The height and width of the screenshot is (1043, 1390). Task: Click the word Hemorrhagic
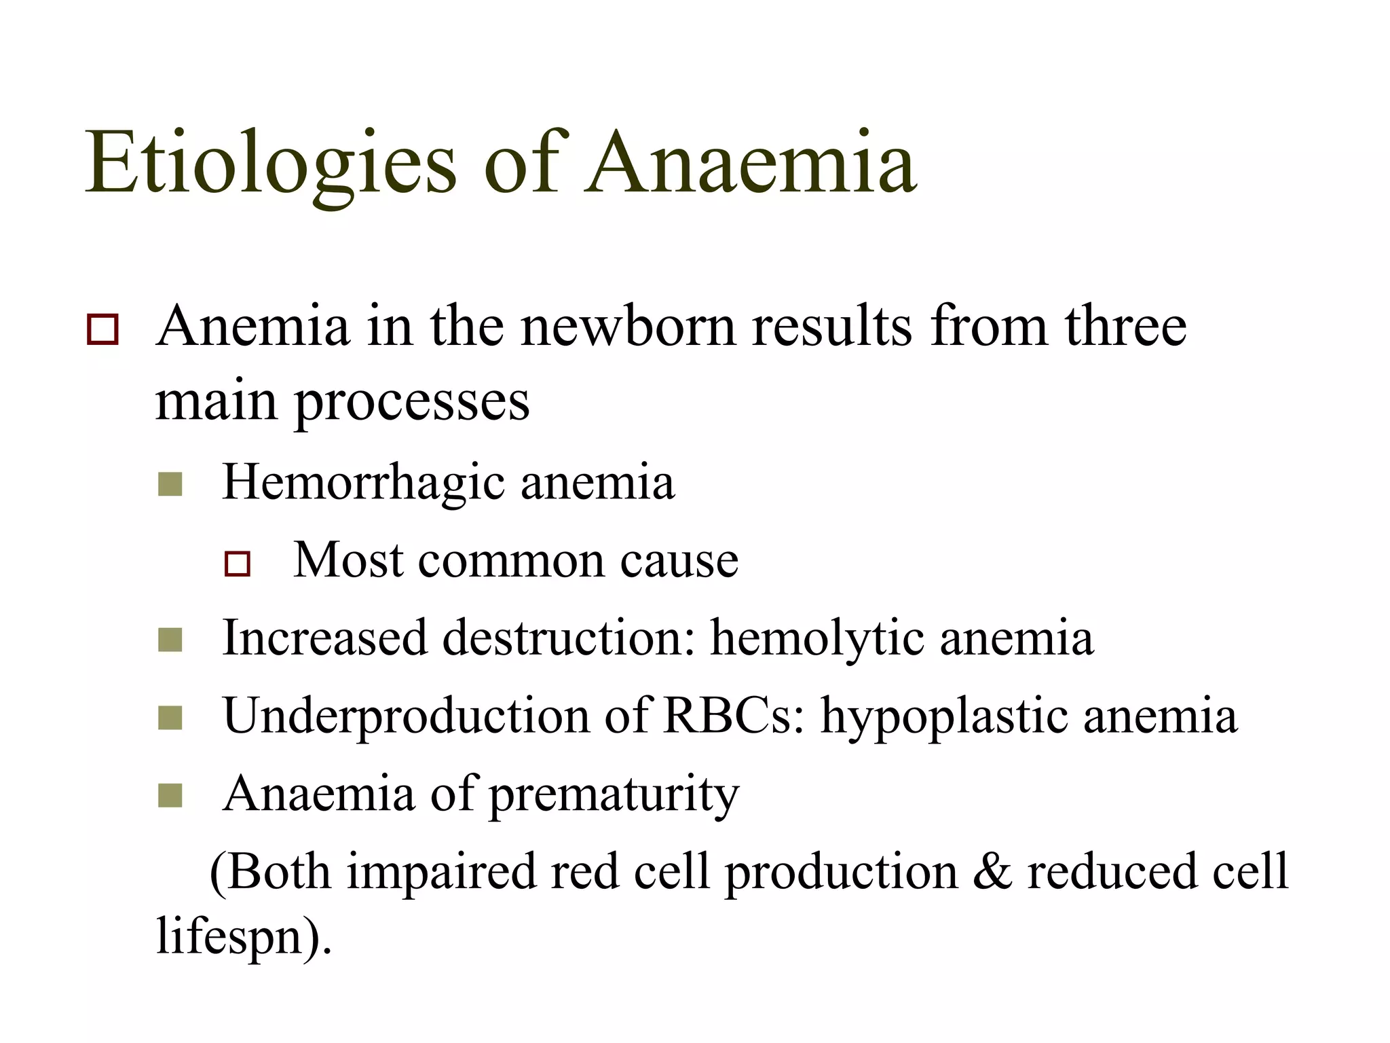click(364, 482)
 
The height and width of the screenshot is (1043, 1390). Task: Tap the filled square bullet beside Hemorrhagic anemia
click(170, 485)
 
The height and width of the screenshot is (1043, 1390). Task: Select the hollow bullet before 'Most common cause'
click(238, 564)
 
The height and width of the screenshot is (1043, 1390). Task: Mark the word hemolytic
click(817, 638)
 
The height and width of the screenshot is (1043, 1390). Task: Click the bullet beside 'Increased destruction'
click(170, 640)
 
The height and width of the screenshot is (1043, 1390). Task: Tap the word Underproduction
click(406, 716)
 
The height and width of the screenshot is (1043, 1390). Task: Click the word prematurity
click(614, 794)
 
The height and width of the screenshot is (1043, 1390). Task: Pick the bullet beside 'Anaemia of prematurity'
click(170, 795)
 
